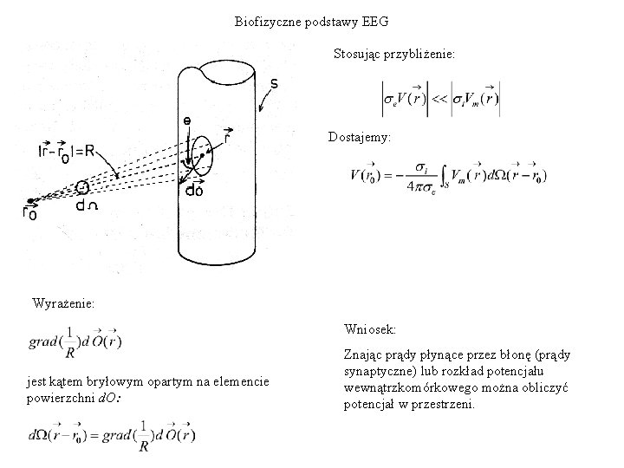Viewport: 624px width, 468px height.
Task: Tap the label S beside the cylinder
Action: [275, 84]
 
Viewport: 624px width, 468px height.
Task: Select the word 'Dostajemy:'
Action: [359, 137]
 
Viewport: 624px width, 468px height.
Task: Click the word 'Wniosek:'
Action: [370, 329]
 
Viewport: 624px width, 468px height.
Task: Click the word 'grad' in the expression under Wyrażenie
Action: [47, 337]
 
